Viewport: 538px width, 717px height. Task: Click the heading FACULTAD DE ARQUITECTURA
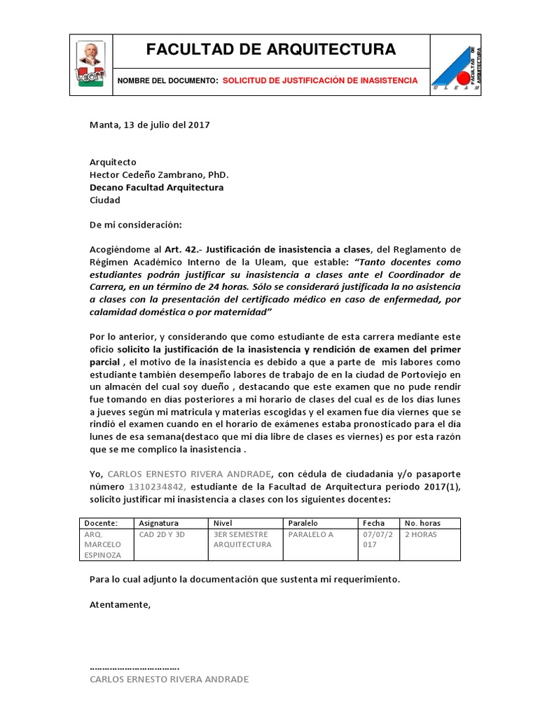click(x=270, y=50)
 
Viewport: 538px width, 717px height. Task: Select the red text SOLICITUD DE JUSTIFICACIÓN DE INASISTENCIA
click(x=320, y=81)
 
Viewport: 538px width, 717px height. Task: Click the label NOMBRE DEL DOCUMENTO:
click(x=168, y=81)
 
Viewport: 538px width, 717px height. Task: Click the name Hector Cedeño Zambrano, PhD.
click(x=159, y=175)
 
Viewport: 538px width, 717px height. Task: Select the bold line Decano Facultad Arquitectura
click(x=157, y=188)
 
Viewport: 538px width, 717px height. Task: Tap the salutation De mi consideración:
click(x=136, y=225)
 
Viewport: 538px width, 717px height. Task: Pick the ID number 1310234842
click(x=156, y=486)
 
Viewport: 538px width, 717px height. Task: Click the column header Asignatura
click(x=160, y=523)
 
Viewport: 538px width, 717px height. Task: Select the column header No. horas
click(x=421, y=523)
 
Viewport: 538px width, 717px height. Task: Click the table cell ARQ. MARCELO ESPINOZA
click(x=103, y=544)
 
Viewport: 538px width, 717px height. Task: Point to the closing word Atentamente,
click(x=120, y=604)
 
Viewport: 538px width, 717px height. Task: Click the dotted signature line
click(x=134, y=667)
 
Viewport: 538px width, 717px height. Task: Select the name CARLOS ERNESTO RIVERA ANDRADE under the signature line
click(x=170, y=679)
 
